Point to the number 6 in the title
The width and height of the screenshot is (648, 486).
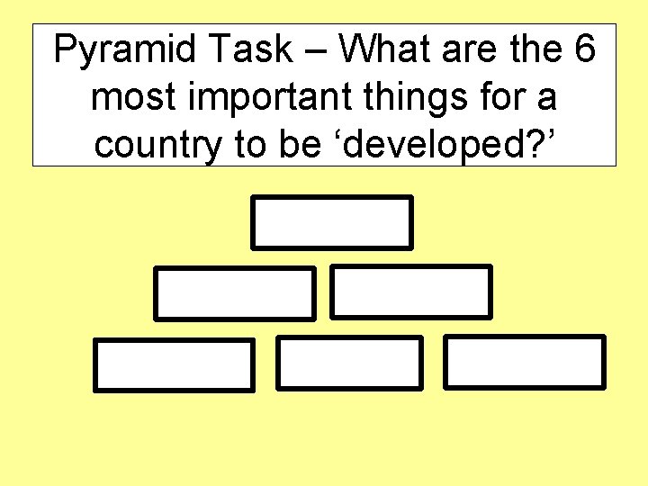pyautogui.click(x=582, y=49)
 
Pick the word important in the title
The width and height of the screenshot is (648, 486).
pyautogui.click(x=266, y=98)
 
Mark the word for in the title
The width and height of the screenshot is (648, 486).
pyautogui.click(x=508, y=98)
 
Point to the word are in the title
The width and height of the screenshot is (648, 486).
pyautogui.click(x=477, y=49)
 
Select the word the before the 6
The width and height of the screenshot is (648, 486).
pyautogui.click(x=536, y=49)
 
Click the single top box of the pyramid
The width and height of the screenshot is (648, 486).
pyautogui.click(x=331, y=222)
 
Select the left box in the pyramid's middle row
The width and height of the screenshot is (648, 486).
pyautogui.click(x=235, y=292)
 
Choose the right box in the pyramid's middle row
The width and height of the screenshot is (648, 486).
pyautogui.click(x=411, y=292)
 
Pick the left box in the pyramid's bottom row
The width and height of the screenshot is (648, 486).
pyautogui.click(x=175, y=364)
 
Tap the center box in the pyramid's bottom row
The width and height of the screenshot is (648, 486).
pyautogui.click(x=348, y=363)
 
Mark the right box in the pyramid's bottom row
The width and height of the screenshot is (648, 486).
pyautogui.click(x=526, y=362)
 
